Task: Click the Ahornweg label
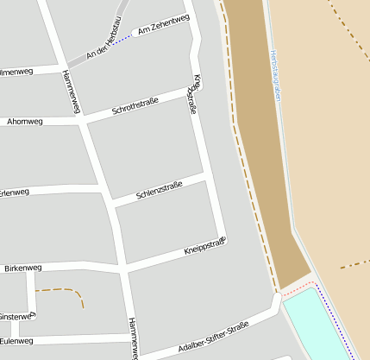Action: pos(23,122)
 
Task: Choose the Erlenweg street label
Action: pos(14,192)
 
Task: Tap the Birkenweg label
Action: pos(22,268)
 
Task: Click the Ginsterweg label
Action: pos(16,316)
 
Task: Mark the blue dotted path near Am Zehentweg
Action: pos(126,37)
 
